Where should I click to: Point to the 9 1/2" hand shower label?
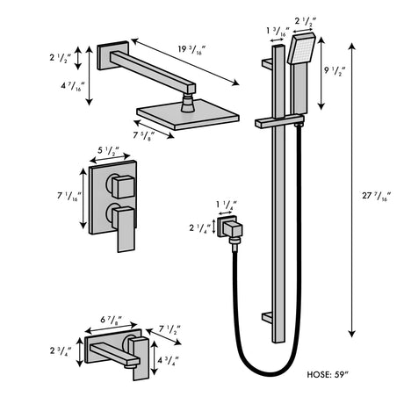pos(334,70)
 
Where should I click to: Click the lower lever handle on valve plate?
pos(122,220)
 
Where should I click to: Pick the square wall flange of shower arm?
pos(110,56)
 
